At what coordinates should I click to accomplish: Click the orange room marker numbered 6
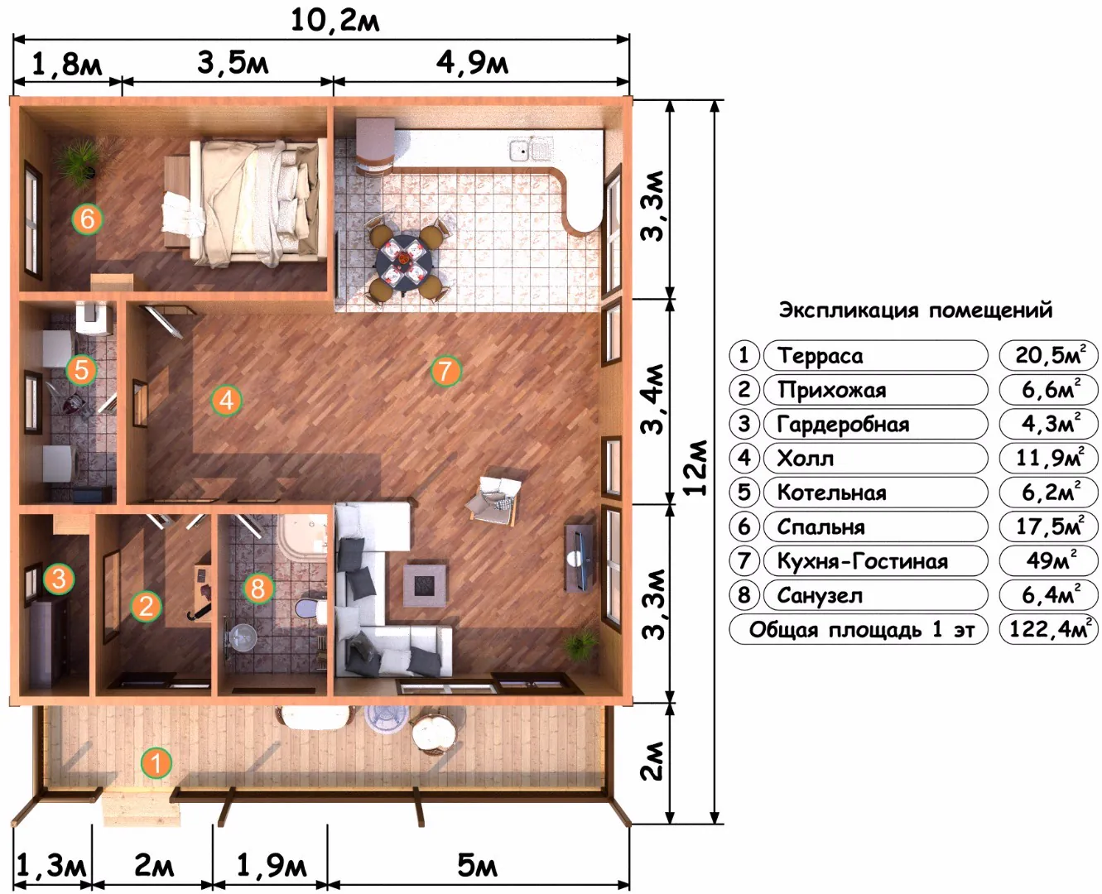[x=87, y=219]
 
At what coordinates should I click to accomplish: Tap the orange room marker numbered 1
[x=156, y=762]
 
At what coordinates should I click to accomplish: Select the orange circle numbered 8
[x=257, y=588]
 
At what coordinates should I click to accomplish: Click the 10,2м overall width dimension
[x=334, y=21]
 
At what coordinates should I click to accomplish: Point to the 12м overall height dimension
[x=695, y=468]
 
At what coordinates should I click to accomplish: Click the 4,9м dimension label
[x=472, y=63]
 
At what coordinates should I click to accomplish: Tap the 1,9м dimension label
[x=271, y=864]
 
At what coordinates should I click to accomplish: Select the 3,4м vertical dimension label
[x=653, y=399]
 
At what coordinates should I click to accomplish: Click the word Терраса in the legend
[x=820, y=356]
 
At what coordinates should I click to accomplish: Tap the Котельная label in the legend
[x=831, y=493]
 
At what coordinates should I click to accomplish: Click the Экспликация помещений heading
[x=915, y=310]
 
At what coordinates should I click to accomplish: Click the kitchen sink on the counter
[x=531, y=149]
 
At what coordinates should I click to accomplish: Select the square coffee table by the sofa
[x=424, y=585]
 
